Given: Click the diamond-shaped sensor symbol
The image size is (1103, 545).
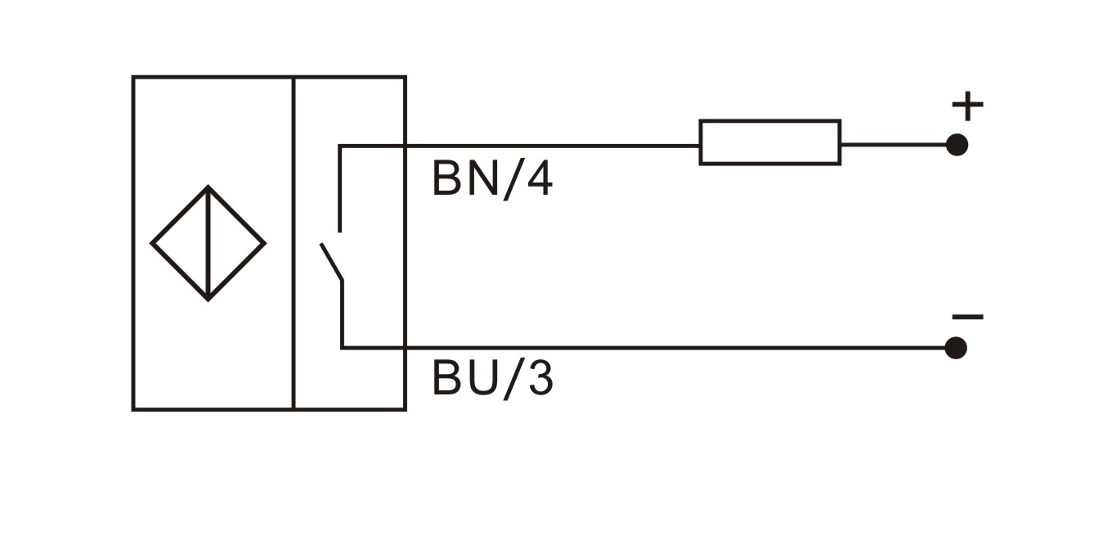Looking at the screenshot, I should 208,243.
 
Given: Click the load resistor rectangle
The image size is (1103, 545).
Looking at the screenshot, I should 769,142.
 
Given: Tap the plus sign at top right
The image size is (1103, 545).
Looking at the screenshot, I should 967,106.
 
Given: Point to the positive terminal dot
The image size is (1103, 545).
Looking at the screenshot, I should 956,145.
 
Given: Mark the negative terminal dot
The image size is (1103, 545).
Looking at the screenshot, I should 956,348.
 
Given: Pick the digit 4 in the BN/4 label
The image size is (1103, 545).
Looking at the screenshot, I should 537,179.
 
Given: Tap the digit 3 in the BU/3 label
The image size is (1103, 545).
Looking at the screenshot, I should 538,378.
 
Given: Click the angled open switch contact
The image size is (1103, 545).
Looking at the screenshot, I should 331,260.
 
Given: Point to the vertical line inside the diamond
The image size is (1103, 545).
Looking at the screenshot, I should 208,243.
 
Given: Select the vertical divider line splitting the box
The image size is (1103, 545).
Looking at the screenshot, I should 293,243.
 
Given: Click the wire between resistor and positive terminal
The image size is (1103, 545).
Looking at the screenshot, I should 895,145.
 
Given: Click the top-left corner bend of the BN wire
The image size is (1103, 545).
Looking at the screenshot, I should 340,146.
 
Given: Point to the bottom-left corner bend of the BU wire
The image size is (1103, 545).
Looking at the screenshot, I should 342,348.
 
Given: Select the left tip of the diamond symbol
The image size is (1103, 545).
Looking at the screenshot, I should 153,243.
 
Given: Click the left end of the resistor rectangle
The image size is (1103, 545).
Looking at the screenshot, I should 701,142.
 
